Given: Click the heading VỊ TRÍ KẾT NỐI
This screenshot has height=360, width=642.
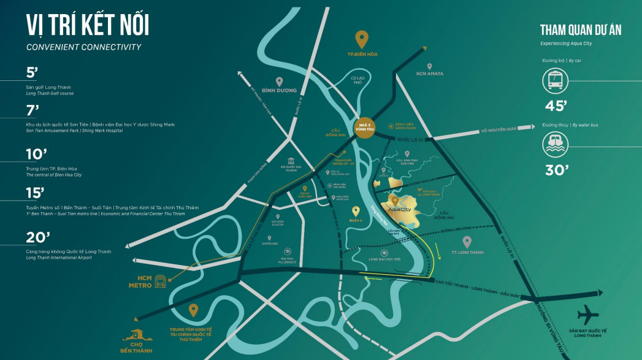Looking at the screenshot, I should coord(87,26).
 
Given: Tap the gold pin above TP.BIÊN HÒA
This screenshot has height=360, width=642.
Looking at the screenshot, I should coord(362,39).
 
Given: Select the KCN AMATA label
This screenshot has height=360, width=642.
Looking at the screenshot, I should coord(429,74).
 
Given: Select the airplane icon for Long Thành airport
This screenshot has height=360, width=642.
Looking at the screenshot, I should coord(588,315).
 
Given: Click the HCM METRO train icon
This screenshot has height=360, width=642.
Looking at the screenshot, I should coord(161,281).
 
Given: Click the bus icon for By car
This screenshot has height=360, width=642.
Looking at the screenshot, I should coord(555,80).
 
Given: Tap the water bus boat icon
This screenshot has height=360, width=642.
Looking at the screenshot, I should coord(555,145).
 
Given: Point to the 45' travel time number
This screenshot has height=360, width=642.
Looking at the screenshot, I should coord(555,105).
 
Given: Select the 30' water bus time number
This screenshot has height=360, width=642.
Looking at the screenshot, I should coord(555,170).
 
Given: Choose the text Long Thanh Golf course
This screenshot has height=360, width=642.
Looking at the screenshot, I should coord(50,93).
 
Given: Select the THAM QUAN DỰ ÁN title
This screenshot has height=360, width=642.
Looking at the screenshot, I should coord(580,30).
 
